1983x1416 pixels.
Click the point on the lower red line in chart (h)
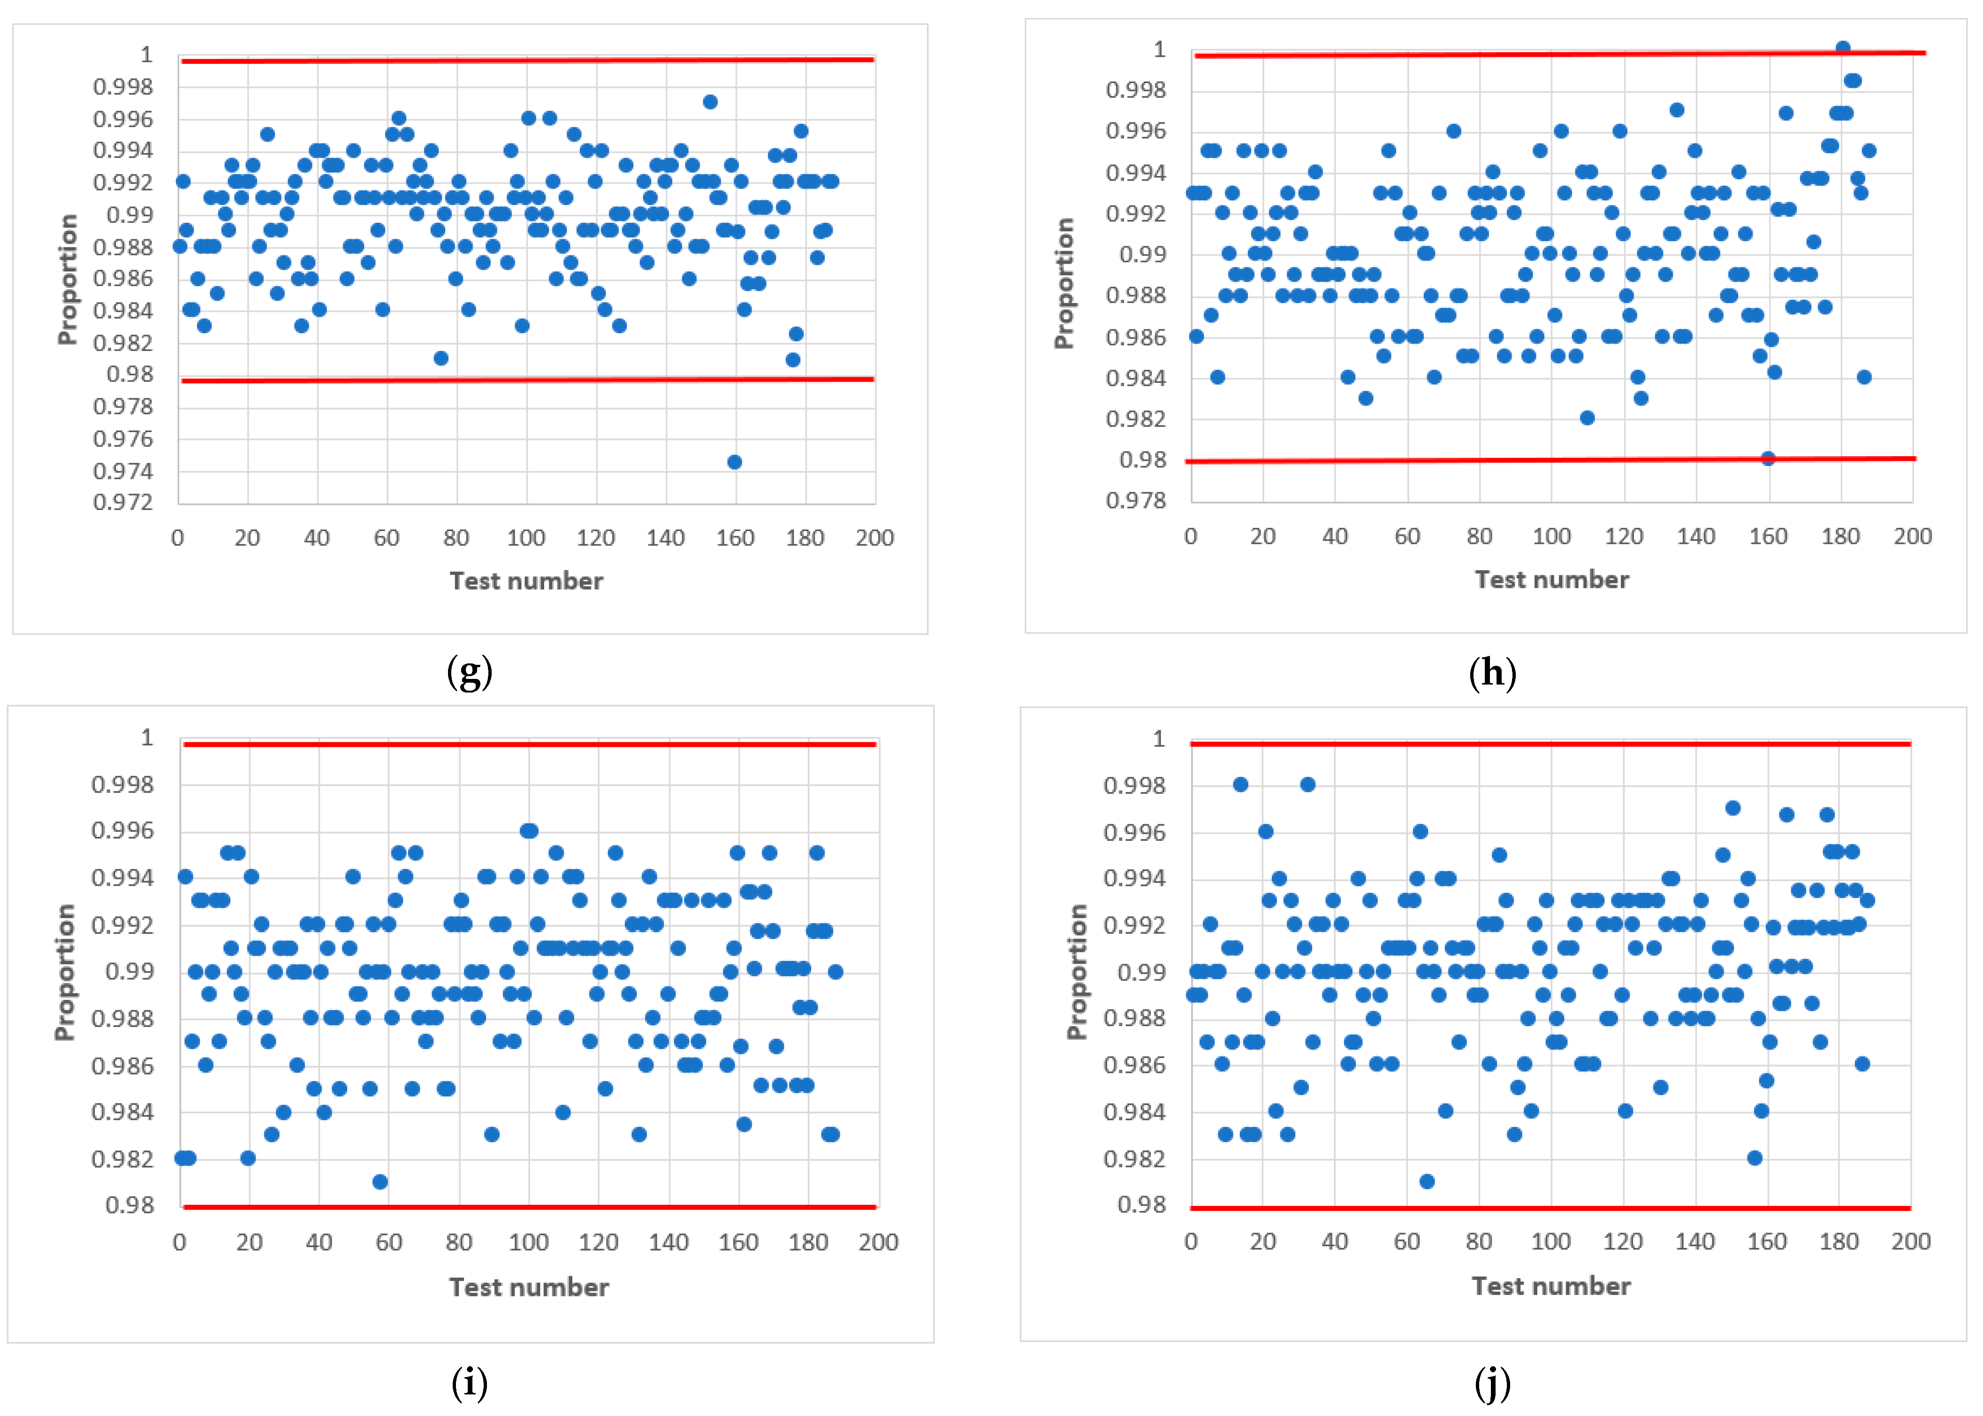1768,458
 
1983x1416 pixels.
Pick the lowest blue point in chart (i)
379,1181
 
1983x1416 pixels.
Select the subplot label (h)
1492,672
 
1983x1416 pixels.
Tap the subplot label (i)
469,1382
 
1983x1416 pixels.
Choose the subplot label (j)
1492,1382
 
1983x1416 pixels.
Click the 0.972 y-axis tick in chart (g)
123,502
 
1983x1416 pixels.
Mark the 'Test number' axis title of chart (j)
1550,1286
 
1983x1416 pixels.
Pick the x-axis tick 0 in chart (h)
1191,536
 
